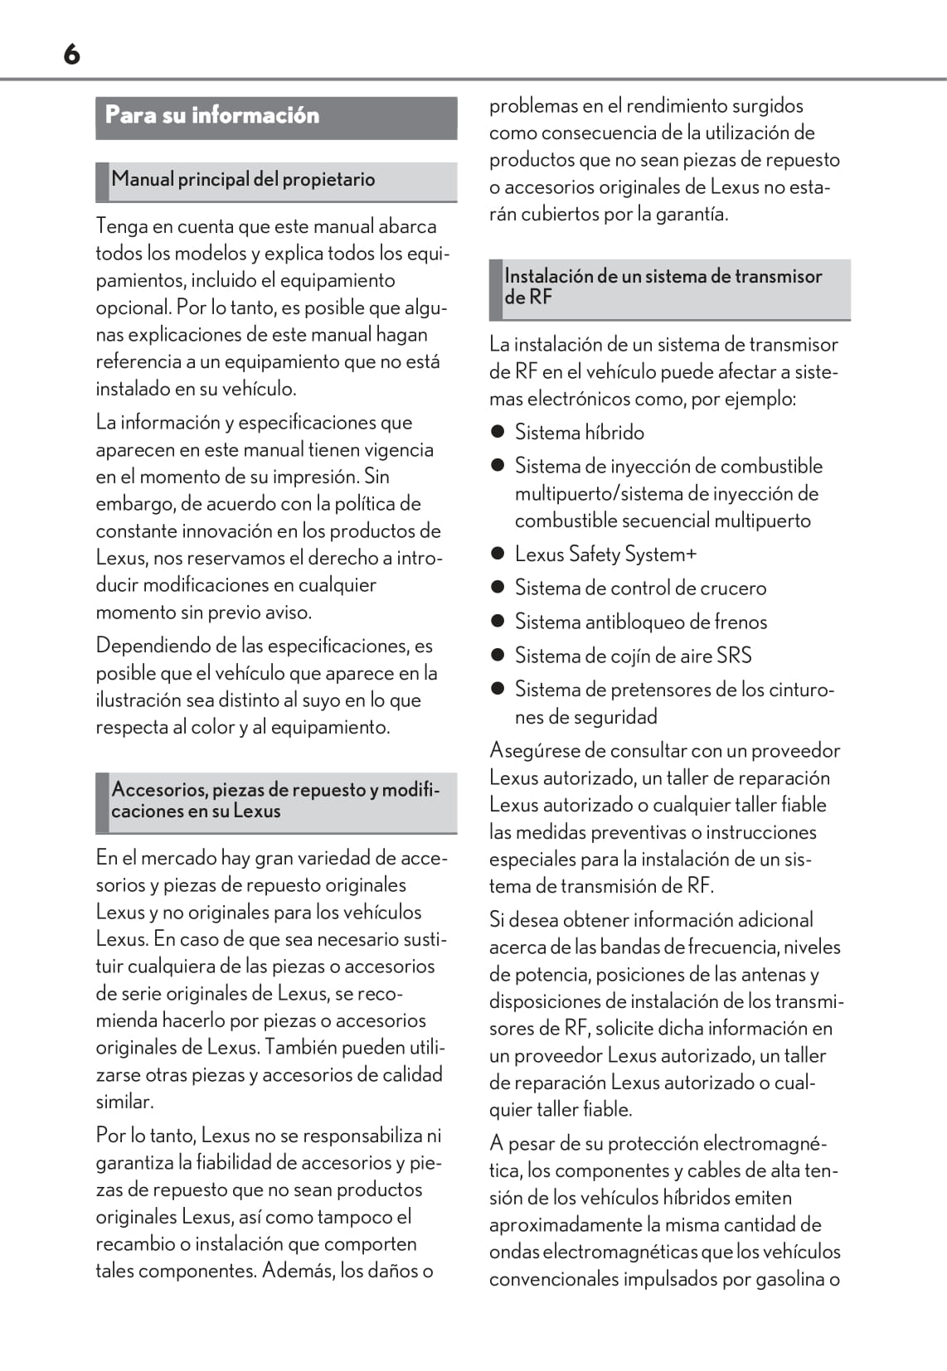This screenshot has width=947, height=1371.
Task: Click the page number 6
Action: [x=72, y=55]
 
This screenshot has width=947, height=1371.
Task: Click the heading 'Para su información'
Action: [x=212, y=115]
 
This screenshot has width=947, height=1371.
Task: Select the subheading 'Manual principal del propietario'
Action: [x=243, y=180]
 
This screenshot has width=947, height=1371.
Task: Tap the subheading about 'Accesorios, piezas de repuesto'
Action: [x=274, y=801]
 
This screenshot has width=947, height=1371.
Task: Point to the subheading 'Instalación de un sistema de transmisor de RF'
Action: [x=663, y=287]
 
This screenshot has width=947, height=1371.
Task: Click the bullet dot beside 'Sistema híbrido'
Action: [x=498, y=432]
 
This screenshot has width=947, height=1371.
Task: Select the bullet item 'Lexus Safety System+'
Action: [x=605, y=555]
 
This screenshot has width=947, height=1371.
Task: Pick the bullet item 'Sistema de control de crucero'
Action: [x=640, y=589]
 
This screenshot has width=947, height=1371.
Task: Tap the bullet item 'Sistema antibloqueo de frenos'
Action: [x=641, y=623]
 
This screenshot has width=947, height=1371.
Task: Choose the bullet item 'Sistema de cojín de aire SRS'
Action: [x=633, y=656]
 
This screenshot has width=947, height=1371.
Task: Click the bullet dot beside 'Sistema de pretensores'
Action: [x=498, y=689]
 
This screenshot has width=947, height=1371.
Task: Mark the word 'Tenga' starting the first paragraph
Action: [x=121, y=226]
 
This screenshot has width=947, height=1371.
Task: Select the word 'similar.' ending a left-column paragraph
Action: [x=124, y=1102]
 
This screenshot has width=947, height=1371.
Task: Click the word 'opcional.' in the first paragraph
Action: [x=134, y=308]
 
